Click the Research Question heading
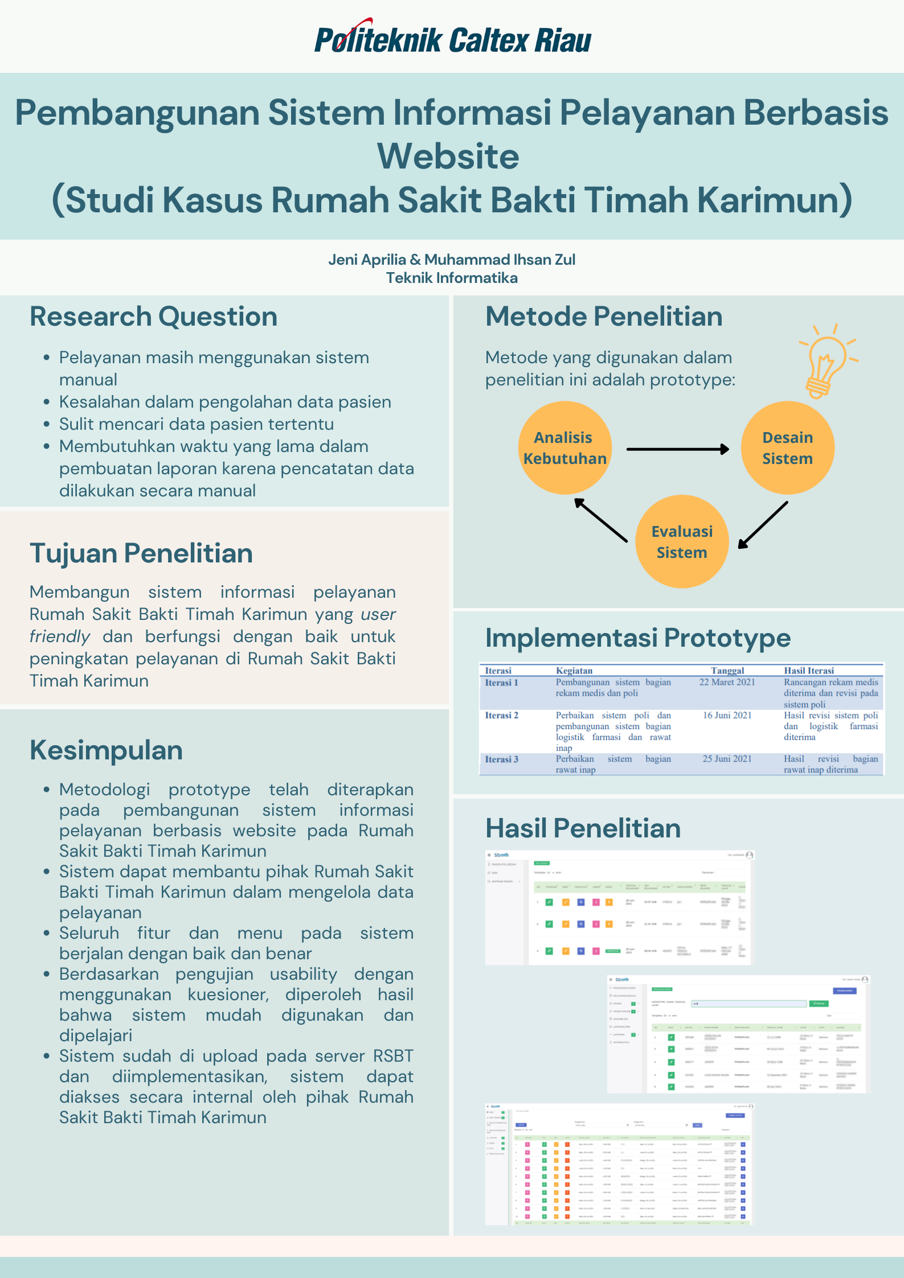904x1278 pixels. coord(153,317)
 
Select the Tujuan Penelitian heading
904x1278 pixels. coord(141,553)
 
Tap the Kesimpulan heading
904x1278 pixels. coord(106,750)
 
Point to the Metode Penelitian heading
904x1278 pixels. coord(603,317)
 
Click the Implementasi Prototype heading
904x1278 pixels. coord(637,638)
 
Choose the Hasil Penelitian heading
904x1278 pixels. coord(583,828)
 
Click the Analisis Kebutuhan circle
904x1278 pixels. coord(565,448)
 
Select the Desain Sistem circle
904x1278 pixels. coord(787,448)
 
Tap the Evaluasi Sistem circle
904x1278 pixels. coord(682,541)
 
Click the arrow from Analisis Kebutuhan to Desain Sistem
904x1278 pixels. coord(677,449)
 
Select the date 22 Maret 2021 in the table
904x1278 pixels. coord(727,682)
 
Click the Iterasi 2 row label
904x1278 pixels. coord(501,715)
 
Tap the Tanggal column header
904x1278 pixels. coord(727,671)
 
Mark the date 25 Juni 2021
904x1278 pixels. coord(727,759)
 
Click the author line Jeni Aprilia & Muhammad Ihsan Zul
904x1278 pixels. coord(452,260)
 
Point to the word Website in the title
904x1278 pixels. coord(448,156)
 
